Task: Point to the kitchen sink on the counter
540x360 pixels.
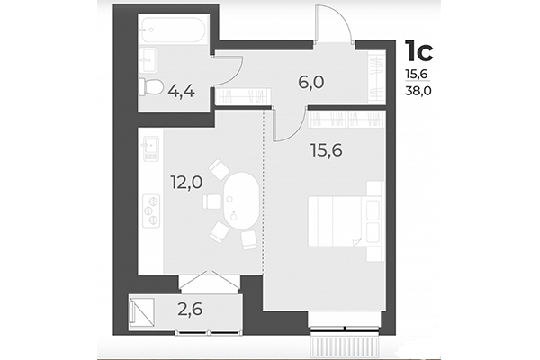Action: [150, 144]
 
